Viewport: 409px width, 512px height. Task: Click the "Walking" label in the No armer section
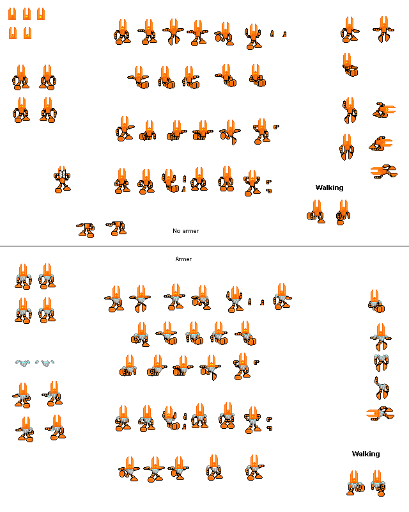click(x=329, y=188)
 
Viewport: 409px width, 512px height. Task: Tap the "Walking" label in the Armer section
click(x=366, y=454)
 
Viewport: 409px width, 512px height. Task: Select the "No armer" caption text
click(x=185, y=231)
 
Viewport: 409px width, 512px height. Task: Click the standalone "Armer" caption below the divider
click(x=183, y=259)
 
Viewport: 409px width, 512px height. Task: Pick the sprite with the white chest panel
click(x=62, y=180)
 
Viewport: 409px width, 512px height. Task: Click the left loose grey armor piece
click(x=22, y=363)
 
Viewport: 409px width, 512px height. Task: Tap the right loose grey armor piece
click(x=45, y=363)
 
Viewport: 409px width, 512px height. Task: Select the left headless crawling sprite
click(x=86, y=230)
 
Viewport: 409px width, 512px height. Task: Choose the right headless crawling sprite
click(x=116, y=228)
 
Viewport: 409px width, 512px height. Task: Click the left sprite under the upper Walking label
click(x=316, y=212)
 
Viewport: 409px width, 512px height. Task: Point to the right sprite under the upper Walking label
click(x=343, y=212)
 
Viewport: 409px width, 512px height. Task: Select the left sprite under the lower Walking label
click(x=355, y=483)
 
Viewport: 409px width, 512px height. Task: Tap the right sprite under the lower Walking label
click(x=378, y=483)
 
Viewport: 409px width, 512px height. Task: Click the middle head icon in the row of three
click(x=27, y=14)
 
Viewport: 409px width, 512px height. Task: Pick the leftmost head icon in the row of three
click(x=12, y=14)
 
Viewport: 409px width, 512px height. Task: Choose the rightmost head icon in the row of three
click(x=41, y=14)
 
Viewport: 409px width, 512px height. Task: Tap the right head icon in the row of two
click(x=27, y=33)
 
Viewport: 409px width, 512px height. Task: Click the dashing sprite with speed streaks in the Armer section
click(x=380, y=413)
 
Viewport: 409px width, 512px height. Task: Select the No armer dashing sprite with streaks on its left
click(x=384, y=172)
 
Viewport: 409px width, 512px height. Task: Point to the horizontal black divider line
click(x=204, y=246)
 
